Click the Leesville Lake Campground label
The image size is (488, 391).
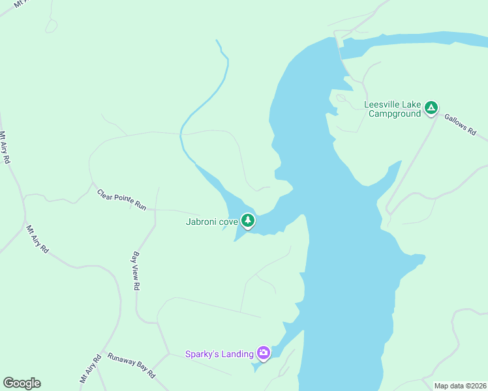pos(392,109)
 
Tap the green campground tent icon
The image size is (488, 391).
pos(431,108)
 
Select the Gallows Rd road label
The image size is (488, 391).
pos(461,125)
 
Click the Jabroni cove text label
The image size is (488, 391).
pos(211,222)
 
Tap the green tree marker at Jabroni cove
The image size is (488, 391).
pos(247,221)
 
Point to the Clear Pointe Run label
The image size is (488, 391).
pos(121,200)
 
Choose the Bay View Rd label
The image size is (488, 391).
pos(136,270)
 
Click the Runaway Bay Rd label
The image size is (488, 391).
pos(131,366)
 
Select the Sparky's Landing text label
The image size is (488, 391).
pos(219,354)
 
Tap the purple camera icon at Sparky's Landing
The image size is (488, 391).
pos(264,353)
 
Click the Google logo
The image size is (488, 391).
pos(22,383)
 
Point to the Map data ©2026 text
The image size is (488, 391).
pos(459,386)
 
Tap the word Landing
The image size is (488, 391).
pos(237,354)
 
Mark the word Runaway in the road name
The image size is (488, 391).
pos(120,360)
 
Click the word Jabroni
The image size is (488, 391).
pos(202,222)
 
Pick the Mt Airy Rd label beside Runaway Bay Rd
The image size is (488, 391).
pos(89,368)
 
